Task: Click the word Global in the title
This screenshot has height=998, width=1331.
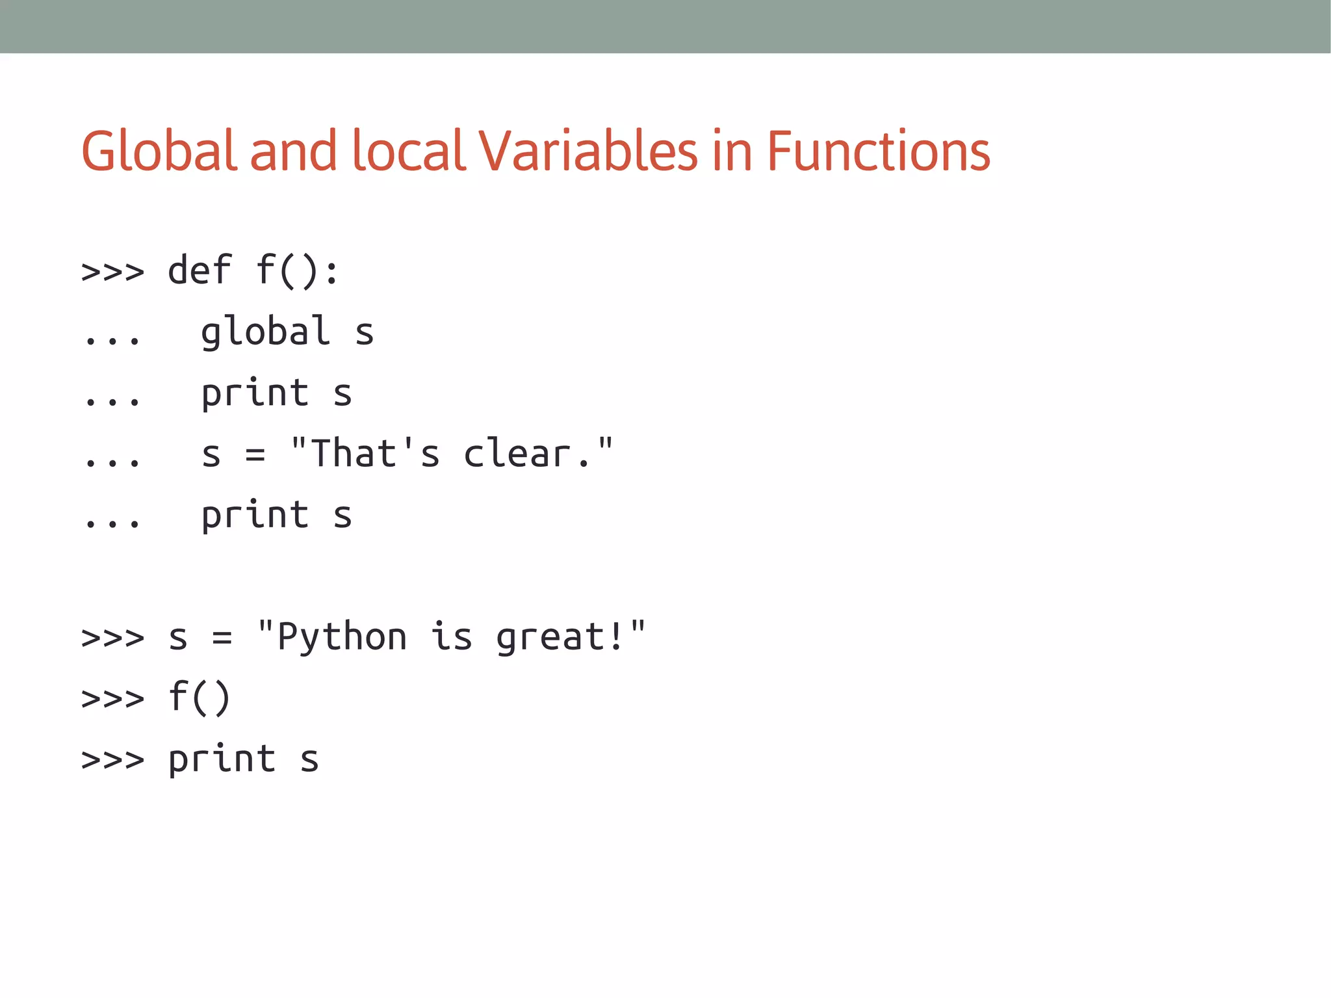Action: click(x=159, y=151)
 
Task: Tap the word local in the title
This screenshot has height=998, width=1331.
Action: click(x=409, y=151)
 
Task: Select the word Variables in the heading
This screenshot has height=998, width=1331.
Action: click(x=588, y=151)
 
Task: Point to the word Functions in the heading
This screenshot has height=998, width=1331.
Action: click(x=878, y=151)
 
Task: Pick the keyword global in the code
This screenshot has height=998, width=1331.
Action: click(x=265, y=332)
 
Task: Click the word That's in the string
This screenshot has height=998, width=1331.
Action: click(x=375, y=453)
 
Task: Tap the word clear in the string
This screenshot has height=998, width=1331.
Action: click(x=518, y=453)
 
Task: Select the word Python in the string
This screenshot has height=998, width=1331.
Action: click(x=342, y=637)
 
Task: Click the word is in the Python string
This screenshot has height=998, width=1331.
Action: click(x=451, y=637)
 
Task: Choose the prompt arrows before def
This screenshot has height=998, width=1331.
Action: click(x=112, y=271)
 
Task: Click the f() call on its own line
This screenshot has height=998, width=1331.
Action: click(x=199, y=698)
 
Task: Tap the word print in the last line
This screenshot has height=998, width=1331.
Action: click(x=222, y=759)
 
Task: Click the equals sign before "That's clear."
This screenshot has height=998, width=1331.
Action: click(x=255, y=454)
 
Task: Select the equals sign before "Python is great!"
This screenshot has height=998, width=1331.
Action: click(x=222, y=638)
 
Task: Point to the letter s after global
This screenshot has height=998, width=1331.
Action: click(x=364, y=333)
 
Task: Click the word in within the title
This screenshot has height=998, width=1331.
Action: click(x=732, y=151)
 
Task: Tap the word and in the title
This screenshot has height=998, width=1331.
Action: click(x=293, y=151)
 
